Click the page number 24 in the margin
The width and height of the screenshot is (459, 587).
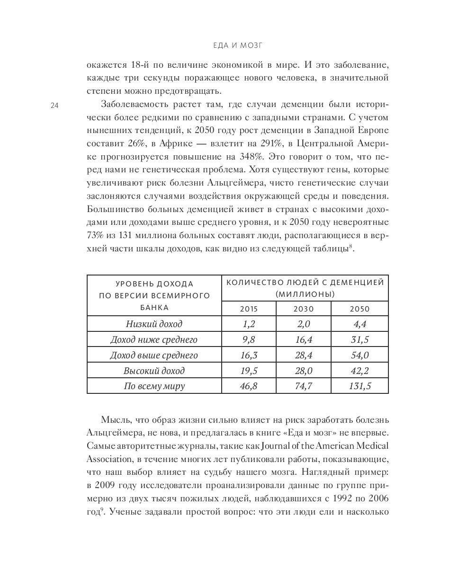coord(54,106)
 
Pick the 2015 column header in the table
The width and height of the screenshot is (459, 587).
coord(249,309)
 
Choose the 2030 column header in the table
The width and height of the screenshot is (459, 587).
coord(304,309)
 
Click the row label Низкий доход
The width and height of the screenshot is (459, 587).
coord(154,324)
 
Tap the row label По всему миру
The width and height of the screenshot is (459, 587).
coord(154,386)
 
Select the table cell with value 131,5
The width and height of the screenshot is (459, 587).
coord(360,386)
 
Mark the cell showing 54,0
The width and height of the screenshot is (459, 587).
coord(360,355)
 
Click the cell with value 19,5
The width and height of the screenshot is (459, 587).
coord(249,371)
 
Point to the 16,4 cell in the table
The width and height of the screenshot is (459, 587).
coord(304,339)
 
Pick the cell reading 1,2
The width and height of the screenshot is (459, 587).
coord(249,324)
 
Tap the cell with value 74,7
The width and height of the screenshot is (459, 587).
coord(304,386)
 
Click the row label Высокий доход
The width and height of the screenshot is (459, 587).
coord(154,371)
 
